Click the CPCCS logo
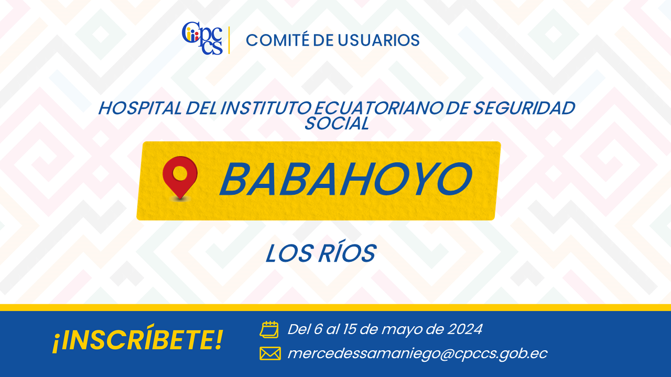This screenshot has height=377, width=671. point(202,38)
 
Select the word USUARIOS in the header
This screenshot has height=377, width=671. point(378,40)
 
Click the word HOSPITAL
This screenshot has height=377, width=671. point(140,108)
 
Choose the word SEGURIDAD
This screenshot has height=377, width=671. point(524,108)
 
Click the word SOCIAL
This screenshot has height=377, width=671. point(337,123)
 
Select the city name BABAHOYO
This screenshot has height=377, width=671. point(346,179)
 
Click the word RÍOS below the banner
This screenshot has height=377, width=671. point(347,253)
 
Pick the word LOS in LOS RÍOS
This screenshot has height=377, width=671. point(289,253)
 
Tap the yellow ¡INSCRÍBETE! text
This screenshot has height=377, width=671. point(138,339)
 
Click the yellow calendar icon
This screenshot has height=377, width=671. point(269,330)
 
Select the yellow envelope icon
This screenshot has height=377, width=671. point(270,353)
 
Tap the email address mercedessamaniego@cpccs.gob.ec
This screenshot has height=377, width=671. point(417,353)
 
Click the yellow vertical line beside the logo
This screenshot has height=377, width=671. point(229,40)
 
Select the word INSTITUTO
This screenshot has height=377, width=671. point(266,108)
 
